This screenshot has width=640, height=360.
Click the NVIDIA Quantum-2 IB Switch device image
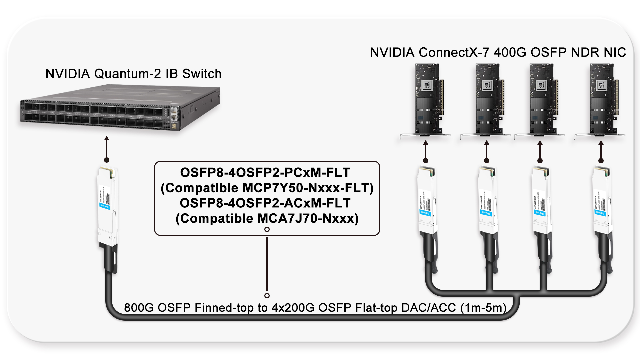[x=120, y=108]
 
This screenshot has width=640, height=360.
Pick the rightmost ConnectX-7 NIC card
[x=602, y=100]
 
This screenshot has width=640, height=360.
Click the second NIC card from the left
[x=487, y=100]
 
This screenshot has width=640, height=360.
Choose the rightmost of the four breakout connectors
[x=602, y=203]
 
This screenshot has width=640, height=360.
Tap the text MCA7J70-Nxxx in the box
[x=306, y=219]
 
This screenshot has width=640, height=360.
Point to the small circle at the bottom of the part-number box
[x=267, y=229]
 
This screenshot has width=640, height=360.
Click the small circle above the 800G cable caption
[x=267, y=296]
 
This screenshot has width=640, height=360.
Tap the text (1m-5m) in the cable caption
[x=483, y=308]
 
